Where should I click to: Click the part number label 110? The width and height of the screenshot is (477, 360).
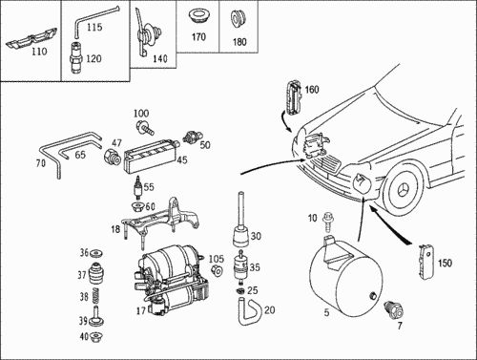point(39,52)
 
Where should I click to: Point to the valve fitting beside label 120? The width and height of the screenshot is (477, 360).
point(76,57)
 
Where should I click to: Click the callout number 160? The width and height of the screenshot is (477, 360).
point(312,90)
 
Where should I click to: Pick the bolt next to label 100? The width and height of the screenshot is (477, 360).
point(145,127)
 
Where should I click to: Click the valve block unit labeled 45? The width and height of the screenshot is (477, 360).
point(152,155)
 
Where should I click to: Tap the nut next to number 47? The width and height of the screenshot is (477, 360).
point(113,157)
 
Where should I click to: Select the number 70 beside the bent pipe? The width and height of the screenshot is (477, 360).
point(41,163)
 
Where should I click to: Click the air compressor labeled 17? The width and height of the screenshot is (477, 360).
point(173,279)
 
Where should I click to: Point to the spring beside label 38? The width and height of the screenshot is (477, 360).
point(95,296)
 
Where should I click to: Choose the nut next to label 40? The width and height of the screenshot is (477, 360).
point(96,336)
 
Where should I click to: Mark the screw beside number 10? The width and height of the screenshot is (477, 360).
point(327,222)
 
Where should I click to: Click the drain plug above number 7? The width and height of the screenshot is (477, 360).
point(394,309)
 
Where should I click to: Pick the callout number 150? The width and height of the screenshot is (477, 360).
point(445,263)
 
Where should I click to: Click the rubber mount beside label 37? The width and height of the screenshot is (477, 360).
point(96,273)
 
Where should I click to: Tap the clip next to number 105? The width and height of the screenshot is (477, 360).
point(218,270)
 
